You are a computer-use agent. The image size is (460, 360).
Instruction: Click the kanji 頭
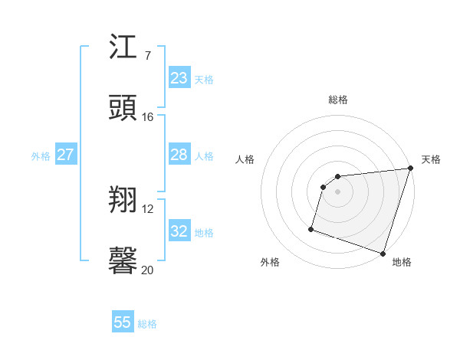[123, 108]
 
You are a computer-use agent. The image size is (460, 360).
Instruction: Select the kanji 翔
[123, 200]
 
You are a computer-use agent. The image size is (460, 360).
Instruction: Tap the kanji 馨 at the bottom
[123, 261]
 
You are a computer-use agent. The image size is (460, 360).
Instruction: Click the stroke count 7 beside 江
[148, 56]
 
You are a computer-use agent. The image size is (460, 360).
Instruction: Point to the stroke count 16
[148, 117]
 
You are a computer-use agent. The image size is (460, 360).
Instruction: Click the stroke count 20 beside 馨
[148, 270]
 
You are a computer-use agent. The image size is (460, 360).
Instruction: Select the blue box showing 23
[179, 78]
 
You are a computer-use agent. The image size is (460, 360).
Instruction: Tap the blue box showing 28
[179, 155]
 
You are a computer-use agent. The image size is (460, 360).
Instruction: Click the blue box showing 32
[179, 231]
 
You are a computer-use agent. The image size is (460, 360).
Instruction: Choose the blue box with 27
[65, 155]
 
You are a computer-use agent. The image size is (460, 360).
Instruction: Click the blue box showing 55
[123, 322]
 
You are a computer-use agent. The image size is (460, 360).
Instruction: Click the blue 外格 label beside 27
[41, 155]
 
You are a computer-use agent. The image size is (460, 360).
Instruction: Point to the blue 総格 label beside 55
[147, 324]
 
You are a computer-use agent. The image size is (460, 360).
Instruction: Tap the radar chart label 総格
[338, 100]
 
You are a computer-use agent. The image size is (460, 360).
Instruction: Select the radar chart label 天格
[431, 159]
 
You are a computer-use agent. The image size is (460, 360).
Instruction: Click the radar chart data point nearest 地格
[383, 253]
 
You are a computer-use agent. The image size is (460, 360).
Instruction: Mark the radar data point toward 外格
[311, 228]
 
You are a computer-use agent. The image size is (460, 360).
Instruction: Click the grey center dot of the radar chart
[338, 191]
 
